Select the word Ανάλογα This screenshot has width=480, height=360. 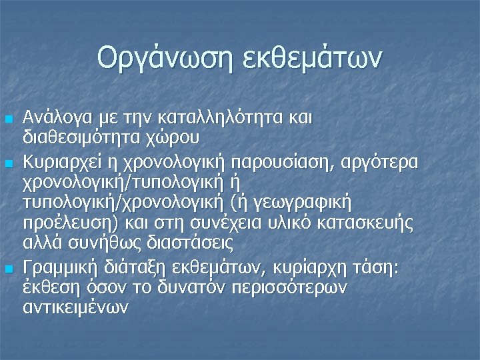click(x=54, y=118)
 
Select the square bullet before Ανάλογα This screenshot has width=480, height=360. click(x=9, y=119)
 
